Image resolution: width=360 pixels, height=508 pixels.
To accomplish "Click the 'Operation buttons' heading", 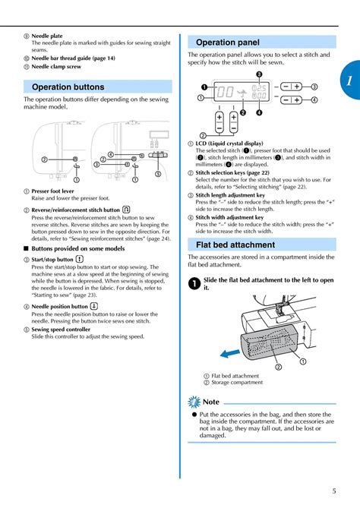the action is coord(68,87).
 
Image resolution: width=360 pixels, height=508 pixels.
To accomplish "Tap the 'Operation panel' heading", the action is coord(228,43).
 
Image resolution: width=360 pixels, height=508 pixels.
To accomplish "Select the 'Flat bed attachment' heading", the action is coord(235,245).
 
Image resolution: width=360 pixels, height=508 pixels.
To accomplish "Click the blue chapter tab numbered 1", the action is coord(351,80).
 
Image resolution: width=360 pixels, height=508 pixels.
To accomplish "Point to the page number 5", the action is coord(334,491).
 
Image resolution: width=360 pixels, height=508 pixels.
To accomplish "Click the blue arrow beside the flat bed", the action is coord(229,353).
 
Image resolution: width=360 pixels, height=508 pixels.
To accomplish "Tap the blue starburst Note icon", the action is coord(194,402).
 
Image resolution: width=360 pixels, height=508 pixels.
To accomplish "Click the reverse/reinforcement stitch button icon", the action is coord(126,210).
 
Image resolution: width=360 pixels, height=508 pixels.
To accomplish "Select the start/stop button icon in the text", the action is coord(80,259).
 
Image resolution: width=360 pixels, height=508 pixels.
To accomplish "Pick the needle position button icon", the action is coord(93,306).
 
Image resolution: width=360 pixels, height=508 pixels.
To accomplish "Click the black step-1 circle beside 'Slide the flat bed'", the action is coord(194,284).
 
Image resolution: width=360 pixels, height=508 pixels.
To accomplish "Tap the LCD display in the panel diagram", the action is coord(241,92).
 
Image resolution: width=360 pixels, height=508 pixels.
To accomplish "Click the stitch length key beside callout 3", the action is coord(291,87).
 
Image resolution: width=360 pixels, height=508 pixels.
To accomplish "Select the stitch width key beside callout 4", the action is coord(291,99).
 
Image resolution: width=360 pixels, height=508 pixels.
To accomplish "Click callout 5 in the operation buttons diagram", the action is coord(158,174).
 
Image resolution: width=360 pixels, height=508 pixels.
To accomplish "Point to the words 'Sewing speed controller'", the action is coord(61,330).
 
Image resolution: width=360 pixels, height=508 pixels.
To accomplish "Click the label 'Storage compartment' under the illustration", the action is coord(237,383).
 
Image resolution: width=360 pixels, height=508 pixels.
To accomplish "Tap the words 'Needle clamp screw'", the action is coord(56,67).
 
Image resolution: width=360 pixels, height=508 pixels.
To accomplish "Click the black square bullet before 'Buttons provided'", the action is coord(27,248).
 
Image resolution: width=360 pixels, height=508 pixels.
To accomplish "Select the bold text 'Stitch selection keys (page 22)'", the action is coord(232,172).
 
